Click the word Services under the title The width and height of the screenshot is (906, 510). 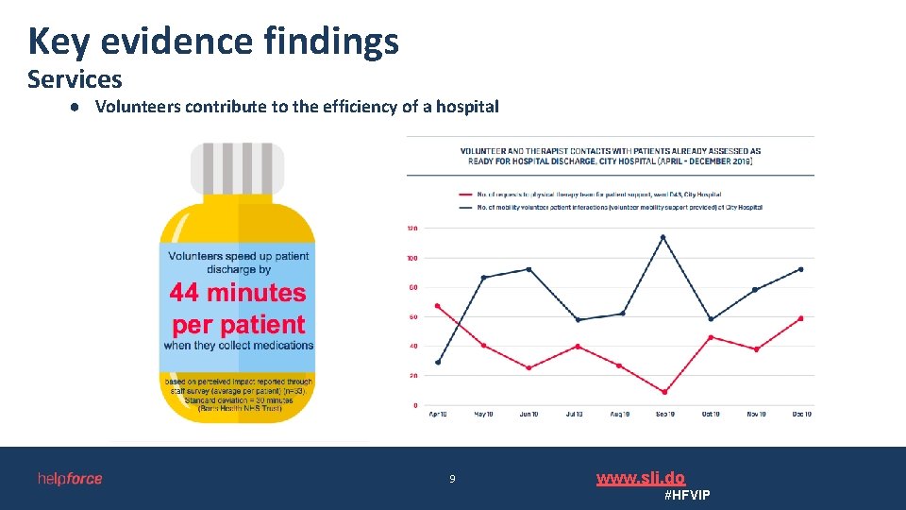[75, 79]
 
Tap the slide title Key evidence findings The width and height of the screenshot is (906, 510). [213, 41]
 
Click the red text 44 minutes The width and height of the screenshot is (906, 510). [238, 293]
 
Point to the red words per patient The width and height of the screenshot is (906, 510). [238, 325]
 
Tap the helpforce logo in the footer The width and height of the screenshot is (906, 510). [70, 479]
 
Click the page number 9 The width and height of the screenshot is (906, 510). [452, 480]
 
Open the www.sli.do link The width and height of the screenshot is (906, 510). [641, 478]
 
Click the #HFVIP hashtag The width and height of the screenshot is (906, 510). [687, 496]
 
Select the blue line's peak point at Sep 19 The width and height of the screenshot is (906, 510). [663, 237]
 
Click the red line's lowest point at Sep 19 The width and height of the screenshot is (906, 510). [664, 392]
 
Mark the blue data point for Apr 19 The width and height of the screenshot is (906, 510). [438, 362]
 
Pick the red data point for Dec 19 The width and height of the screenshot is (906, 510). [800, 318]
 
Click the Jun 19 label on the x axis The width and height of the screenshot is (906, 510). [528, 415]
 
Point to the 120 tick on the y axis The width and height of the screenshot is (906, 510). [412, 228]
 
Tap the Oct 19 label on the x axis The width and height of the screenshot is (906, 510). [710, 415]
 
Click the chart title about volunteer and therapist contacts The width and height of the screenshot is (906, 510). [611, 156]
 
